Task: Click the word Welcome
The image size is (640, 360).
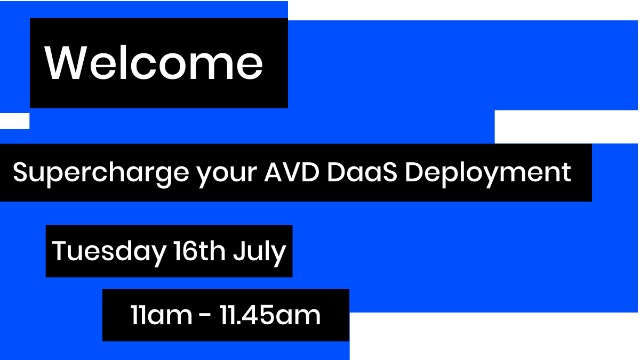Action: click(154, 63)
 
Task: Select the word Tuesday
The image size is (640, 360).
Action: click(109, 251)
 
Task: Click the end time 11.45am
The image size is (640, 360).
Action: click(270, 315)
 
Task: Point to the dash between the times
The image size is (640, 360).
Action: click(205, 316)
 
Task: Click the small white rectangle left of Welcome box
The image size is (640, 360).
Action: click(14, 121)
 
